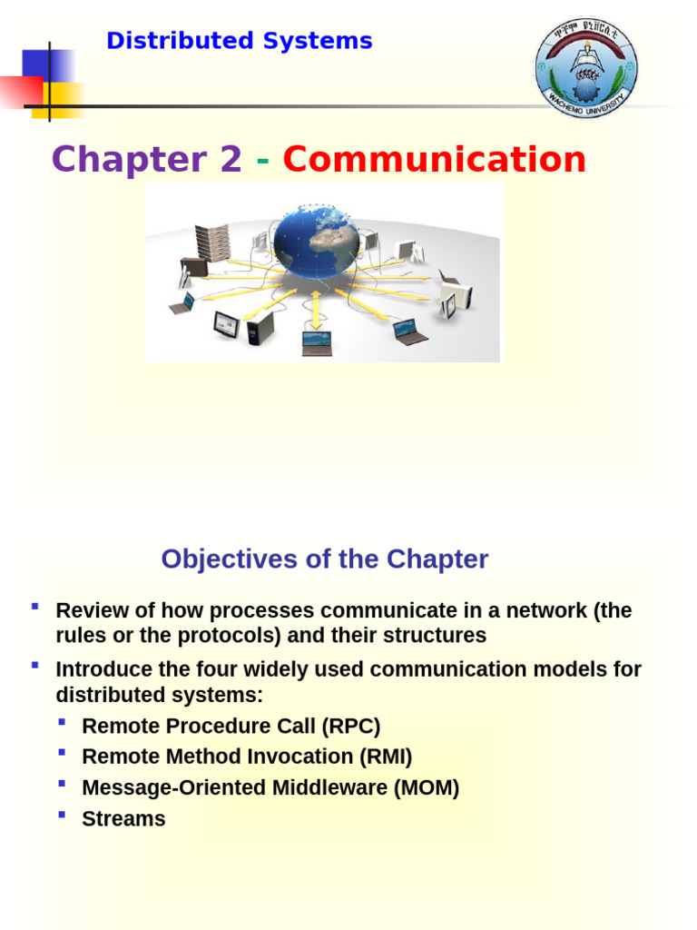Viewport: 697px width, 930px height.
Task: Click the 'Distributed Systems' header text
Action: point(240,41)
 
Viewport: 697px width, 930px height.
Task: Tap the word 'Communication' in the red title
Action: point(434,160)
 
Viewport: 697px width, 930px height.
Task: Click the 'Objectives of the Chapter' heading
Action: point(324,559)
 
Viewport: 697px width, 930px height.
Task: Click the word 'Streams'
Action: point(123,818)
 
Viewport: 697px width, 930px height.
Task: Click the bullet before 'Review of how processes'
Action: point(34,606)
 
